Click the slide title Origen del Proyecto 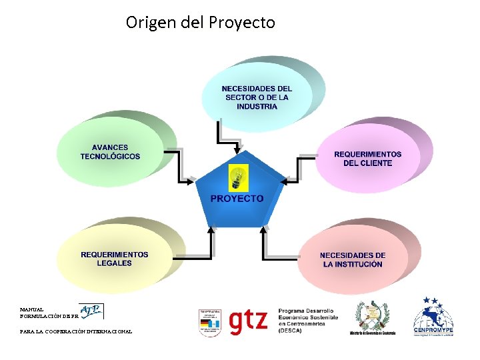pos(200,23)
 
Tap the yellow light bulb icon pos(237,177)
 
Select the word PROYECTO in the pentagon pos(237,199)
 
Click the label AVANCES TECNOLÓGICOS pos(110,152)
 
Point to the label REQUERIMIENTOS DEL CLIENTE pos(367,158)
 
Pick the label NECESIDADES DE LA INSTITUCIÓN pos(353,260)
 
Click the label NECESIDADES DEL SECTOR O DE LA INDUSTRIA pos(257,97)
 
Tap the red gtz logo pos(247,321)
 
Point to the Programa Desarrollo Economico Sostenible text pos(308,321)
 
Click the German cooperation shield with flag pos(209,322)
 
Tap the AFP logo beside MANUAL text pos(92,311)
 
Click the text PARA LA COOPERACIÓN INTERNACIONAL pos(76,331)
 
